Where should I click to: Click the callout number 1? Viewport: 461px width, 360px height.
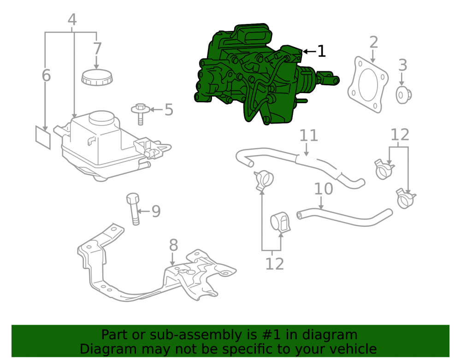point(322,51)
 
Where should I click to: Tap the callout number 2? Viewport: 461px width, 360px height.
point(373,42)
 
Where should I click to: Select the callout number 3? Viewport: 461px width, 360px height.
point(402,65)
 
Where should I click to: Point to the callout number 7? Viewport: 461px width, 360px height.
point(97,48)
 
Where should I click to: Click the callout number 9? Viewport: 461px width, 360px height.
point(156,211)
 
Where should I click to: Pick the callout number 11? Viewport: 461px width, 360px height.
point(309,136)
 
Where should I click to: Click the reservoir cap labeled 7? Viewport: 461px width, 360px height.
point(97,77)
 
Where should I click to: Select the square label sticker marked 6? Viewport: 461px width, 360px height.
point(43,137)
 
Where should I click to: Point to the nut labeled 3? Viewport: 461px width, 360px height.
point(403,95)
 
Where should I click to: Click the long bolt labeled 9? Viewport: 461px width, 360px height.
point(133,209)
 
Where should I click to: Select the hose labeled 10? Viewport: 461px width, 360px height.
point(344,218)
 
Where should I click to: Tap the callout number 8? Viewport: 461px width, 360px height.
point(173,245)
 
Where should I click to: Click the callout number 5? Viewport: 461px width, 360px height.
point(169,110)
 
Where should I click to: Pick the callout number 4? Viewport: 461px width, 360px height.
point(72,20)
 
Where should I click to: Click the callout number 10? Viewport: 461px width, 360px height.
point(324,189)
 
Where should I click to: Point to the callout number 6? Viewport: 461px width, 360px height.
point(46,75)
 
